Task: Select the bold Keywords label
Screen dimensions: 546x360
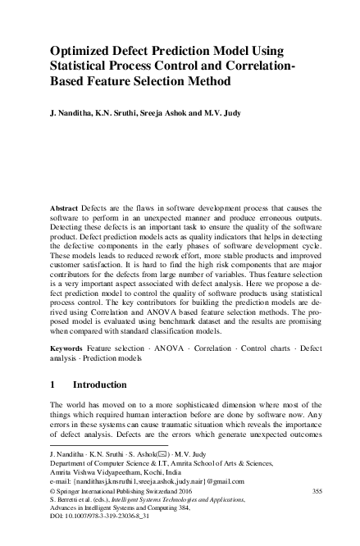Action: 68,348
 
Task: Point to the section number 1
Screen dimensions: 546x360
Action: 53,383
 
